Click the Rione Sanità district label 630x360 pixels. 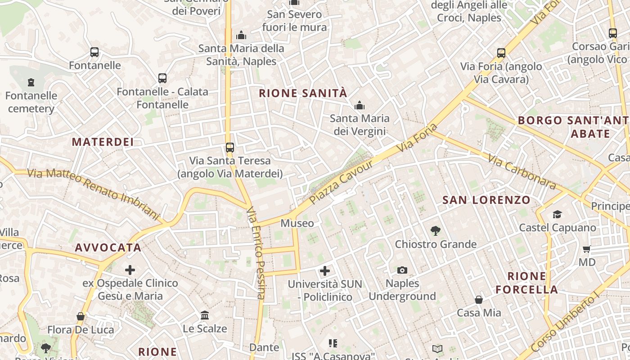coord(303,93)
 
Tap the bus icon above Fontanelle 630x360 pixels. coord(94,52)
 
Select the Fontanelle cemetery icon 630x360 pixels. coord(31,82)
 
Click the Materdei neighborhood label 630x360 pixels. coord(103,142)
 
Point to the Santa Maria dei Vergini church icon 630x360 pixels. coord(359,106)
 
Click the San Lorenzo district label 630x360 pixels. coord(486,200)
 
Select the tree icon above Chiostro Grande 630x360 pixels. coord(435,231)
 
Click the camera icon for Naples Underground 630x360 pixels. coord(402,270)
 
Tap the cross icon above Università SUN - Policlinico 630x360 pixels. coord(325,271)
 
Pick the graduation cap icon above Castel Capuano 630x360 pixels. coord(558,214)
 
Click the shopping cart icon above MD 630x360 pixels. coord(587,249)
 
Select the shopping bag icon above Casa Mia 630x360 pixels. coord(479,300)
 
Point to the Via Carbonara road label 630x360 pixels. coord(522,172)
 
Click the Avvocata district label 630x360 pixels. coord(108,247)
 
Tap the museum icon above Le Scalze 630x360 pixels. coord(205,315)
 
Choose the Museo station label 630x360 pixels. coord(297,223)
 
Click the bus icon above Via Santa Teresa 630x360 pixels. coord(230,147)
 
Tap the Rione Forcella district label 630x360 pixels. coord(527,283)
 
